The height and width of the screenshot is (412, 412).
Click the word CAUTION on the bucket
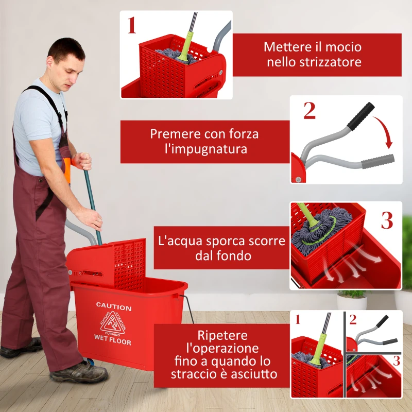pos(114,307)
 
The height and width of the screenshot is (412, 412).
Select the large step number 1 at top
pos(132,24)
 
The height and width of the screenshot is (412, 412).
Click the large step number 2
pos(309,111)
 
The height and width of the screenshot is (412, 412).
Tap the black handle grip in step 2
pos(360,116)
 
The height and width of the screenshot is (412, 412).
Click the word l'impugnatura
pos(205,149)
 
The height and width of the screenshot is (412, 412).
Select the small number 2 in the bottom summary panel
pos(353,319)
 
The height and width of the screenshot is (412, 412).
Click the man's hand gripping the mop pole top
pos(82,161)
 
